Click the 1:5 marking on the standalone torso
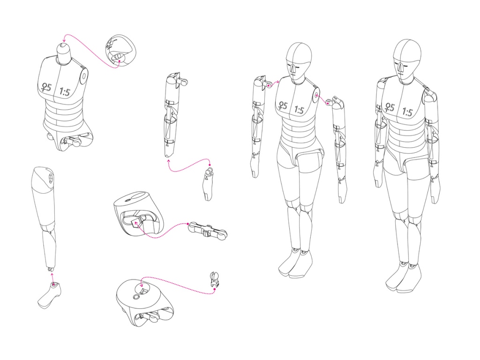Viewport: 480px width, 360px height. pos(65,91)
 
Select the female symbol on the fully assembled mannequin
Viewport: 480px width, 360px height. pos(390,107)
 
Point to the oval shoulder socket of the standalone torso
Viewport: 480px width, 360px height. pos(83,76)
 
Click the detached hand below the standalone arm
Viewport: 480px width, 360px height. pos(208,183)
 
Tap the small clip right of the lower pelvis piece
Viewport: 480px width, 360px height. pos(214,279)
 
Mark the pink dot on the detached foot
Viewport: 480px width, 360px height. pos(53,285)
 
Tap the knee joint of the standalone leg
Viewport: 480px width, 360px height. pos(48,228)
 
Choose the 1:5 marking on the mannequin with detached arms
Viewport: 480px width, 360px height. pos(299,109)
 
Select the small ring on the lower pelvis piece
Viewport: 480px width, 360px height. pos(136,297)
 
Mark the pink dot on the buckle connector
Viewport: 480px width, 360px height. pos(188,224)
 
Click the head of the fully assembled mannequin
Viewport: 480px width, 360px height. pos(407,61)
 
